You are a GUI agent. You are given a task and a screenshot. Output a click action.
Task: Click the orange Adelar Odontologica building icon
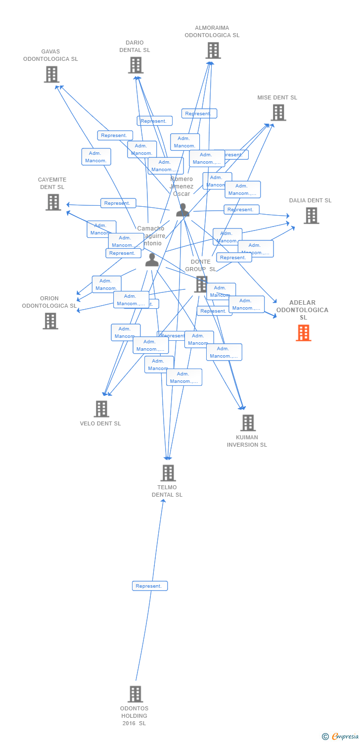coord(304,333)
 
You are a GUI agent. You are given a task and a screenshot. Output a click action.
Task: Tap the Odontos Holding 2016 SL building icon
coord(135,694)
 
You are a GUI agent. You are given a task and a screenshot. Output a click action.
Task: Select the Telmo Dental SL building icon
coord(168,473)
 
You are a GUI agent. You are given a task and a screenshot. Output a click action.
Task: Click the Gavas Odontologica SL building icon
coord(51,74)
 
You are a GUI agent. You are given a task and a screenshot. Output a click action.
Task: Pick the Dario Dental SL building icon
coord(135,65)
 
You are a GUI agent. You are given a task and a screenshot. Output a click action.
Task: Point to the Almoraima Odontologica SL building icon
coord(213,50)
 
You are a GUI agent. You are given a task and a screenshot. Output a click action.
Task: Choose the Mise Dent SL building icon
coord(278,113)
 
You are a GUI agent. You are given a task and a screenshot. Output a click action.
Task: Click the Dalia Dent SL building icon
coord(311,216)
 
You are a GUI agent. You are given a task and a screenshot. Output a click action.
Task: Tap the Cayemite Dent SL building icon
coord(53,202)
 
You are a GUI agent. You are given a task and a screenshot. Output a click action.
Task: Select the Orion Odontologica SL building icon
coord(50,321)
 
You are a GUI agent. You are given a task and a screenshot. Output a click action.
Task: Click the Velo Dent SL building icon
coord(101,409)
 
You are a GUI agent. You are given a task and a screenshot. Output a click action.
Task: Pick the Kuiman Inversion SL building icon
coord(248,423)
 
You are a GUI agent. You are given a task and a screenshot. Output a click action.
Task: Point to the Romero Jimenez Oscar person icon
coord(183,210)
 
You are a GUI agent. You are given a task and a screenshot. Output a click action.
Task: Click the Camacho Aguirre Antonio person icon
coord(152,260)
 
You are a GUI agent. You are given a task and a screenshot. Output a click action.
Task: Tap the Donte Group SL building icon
coord(201,284)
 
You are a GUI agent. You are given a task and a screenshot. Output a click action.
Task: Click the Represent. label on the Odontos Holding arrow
coord(150,586)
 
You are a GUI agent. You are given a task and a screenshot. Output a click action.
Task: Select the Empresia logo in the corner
coord(341,737)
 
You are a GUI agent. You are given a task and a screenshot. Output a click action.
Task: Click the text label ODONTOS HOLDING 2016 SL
coord(134,716)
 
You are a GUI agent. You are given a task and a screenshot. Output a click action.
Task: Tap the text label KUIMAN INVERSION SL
coord(247,441)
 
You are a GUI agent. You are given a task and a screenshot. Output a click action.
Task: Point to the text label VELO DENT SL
coord(100,423)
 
